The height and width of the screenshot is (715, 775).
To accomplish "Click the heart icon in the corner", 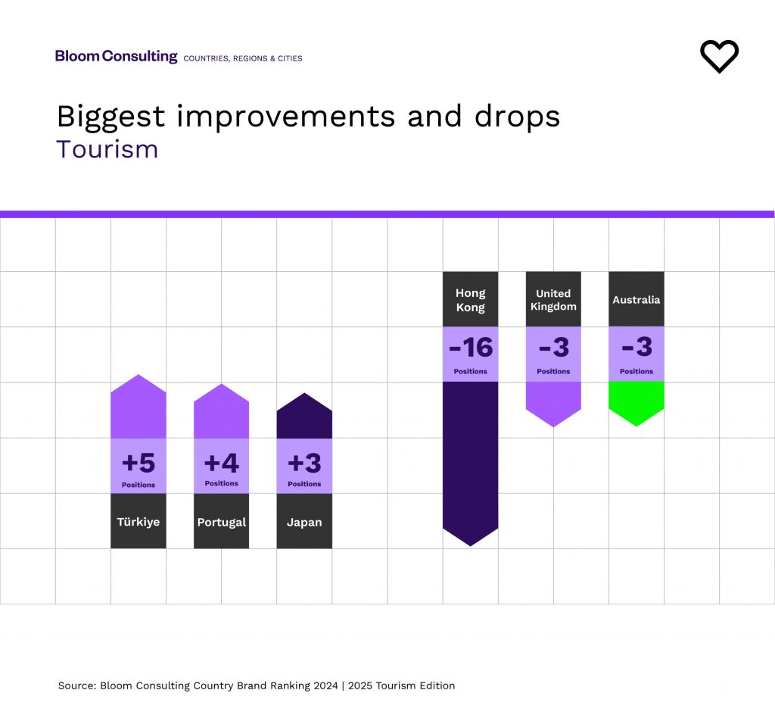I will coord(719,57).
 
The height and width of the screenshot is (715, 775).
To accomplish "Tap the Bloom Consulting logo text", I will coord(116,56).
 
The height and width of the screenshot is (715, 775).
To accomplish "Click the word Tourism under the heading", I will coord(107,149).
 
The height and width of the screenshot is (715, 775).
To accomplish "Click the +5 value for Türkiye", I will coord(139,462).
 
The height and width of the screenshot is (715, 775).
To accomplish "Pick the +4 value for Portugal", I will coord(221,462).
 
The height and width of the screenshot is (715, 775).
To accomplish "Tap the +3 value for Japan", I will coord(304,462).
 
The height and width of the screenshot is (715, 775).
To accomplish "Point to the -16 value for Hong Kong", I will coord(470,348).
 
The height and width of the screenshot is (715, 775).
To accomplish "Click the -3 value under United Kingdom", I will coord(553,348).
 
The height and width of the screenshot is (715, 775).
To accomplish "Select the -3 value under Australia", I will coord(636,348).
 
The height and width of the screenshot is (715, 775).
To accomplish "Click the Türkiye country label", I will coord(139,522).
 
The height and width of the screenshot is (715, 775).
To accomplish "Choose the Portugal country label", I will coord(221,522).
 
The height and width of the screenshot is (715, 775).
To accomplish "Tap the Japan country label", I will coord(304,522).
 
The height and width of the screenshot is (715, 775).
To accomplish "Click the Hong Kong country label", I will coord(470,300).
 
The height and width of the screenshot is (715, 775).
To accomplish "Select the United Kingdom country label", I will coord(553,300).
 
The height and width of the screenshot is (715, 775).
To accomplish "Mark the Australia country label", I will coord(636,300).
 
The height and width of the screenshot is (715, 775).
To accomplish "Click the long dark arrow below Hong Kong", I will coord(470,462).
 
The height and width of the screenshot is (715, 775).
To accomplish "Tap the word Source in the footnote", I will coord(76,685).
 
